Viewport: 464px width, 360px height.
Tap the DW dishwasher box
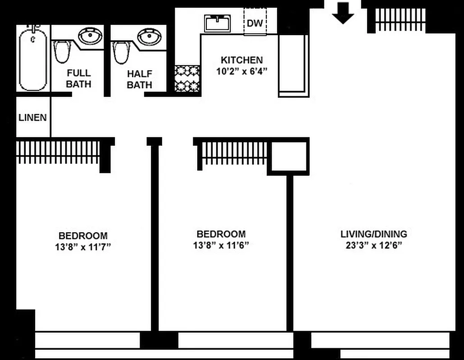click(255, 22)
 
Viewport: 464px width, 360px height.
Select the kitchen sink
click(218, 23)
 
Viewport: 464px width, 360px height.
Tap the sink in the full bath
click(90, 35)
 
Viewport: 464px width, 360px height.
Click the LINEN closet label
click(32, 117)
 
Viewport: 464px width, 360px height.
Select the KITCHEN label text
click(241, 60)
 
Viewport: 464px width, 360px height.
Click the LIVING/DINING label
click(373, 234)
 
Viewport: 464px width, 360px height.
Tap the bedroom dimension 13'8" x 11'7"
click(83, 247)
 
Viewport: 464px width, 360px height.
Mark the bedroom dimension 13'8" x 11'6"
click(221, 246)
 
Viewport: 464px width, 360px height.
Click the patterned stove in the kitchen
click(187, 78)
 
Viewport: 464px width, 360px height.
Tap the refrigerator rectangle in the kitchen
click(293, 66)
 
